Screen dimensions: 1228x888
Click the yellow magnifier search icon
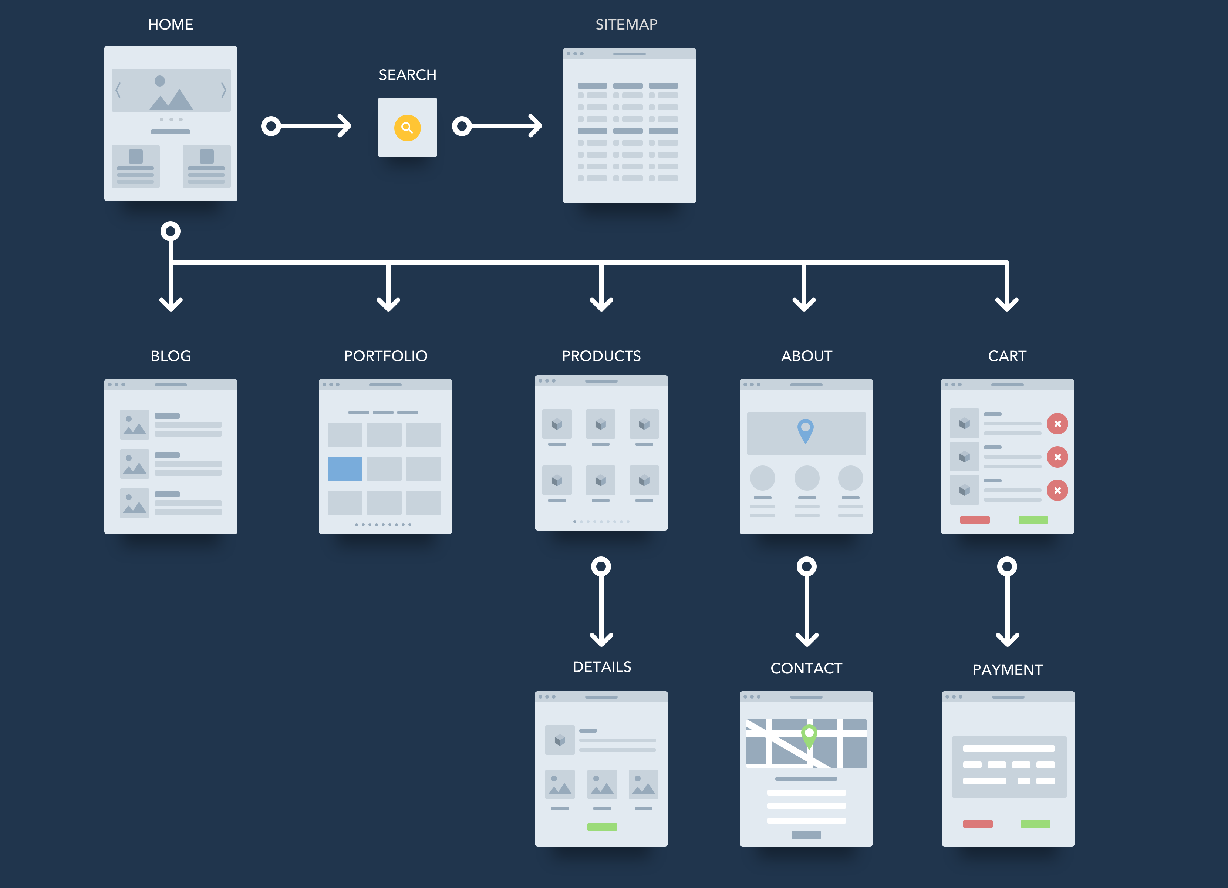click(x=407, y=128)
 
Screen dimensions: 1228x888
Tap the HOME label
click(x=171, y=24)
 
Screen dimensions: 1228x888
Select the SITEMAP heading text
click(x=627, y=24)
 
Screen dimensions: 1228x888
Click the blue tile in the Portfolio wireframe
click(x=345, y=468)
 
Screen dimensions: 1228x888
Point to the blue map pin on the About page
click(x=806, y=430)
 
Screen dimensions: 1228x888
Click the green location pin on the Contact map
click(x=809, y=735)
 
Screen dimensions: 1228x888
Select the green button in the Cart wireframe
click(x=1033, y=520)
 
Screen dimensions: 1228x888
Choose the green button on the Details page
click(x=602, y=827)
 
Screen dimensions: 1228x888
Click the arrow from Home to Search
click(x=307, y=126)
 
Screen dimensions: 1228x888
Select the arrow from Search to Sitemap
click(x=497, y=126)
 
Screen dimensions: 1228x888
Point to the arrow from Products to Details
click(x=601, y=602)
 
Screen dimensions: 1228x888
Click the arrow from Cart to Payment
click(x=1007, y=602)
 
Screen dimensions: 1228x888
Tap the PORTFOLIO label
click(x=385, y=356)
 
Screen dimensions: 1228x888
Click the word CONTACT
click(x=806, y=668)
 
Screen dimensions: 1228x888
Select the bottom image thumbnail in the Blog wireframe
click(x=134, y=503)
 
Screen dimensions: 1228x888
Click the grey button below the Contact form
click(x=806, y=835)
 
